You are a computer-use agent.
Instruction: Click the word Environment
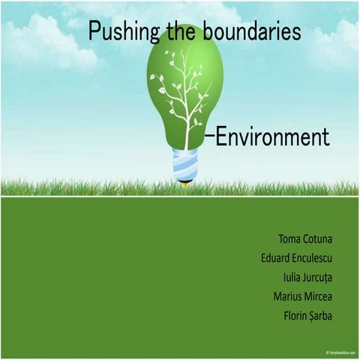[x=272, y=137]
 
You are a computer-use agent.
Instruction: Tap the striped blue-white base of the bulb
[x=185, y=164]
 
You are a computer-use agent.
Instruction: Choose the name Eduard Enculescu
[x=296, y=259]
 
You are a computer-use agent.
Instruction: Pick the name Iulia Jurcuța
[x=302, y=277]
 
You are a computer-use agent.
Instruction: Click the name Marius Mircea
[x=304, y=296]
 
